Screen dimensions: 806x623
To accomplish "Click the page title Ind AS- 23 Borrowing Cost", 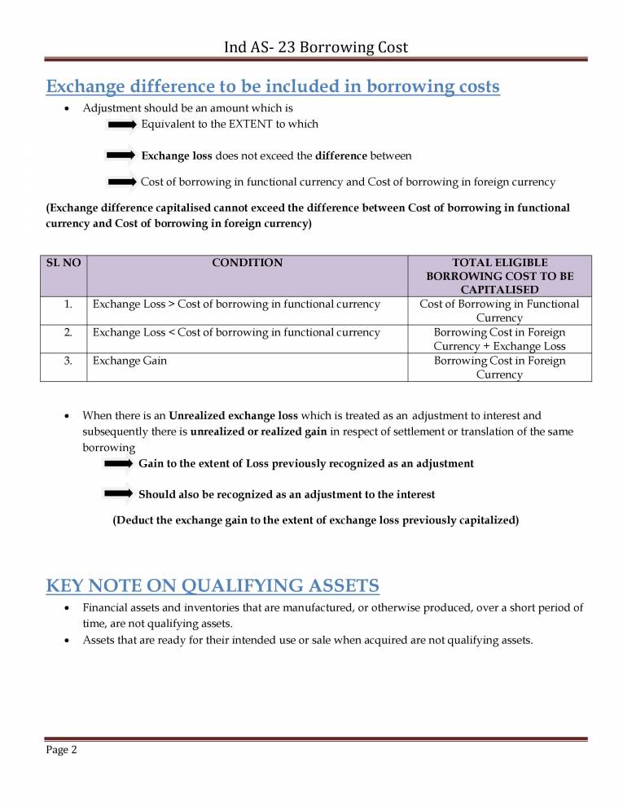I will (x=316, y=47).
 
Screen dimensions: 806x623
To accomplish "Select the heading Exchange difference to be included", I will (x=273, y=86).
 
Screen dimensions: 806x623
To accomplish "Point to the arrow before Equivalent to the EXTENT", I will (x=121, y=124).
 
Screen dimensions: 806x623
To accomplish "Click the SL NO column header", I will (x=64, y=263).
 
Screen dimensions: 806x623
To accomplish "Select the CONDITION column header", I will (x=247, y=263).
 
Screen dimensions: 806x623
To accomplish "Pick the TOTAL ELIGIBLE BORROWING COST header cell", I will (x=499, y=276).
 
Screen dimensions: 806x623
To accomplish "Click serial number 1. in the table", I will (x=68, y=304).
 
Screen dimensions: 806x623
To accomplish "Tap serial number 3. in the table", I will (x=68, y=361).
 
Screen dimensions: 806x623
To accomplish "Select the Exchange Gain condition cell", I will (x=130, y=361).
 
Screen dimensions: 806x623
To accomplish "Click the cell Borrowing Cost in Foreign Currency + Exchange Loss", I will (x=499, y=339).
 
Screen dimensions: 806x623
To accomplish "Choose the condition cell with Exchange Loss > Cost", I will (x=236, y=304).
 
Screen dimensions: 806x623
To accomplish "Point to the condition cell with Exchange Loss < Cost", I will (x=236, y=332).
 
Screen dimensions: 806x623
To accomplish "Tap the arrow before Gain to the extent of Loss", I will (x=119, y=462).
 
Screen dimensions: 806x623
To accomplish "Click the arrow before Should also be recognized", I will (x=119, y=493).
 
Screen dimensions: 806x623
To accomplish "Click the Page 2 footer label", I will (x=61, y=751).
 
